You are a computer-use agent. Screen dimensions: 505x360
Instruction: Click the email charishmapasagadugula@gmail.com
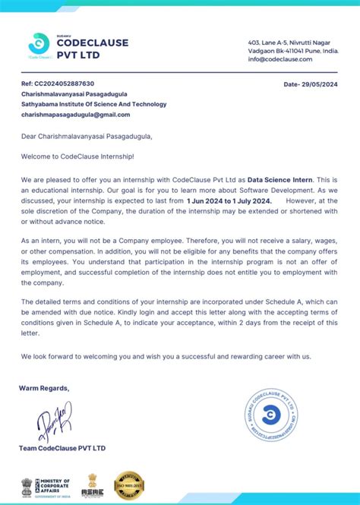75,115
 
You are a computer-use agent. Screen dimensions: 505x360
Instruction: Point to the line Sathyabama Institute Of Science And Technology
93,104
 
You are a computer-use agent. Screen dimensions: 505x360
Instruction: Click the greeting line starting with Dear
87,137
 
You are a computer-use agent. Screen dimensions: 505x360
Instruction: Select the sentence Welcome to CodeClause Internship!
77,156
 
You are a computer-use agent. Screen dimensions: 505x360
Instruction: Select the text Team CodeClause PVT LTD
62,448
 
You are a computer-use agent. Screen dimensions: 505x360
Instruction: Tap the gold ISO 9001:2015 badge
130,484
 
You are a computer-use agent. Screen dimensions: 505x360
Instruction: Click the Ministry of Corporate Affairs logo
46,485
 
